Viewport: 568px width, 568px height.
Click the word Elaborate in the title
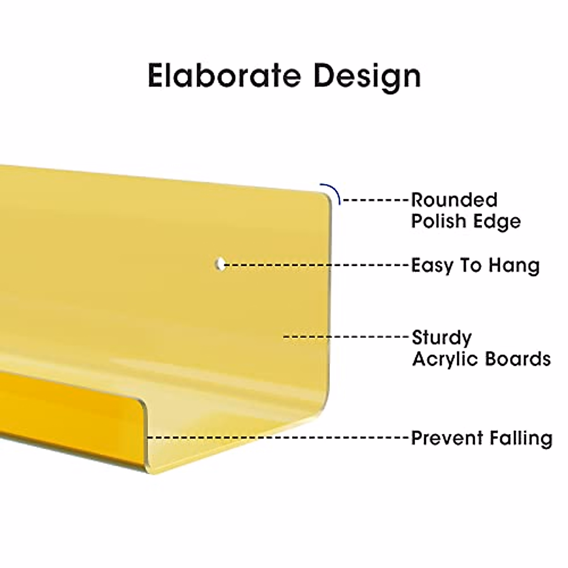tap(224, 75)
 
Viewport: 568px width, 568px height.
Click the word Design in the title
tap(367, 77)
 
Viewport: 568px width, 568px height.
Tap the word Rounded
tap(454, 200)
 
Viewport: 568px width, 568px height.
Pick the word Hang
tap(514, 266)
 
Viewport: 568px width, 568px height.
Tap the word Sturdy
tap(442, 338)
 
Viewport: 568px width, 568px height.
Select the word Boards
tap(518, 358)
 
